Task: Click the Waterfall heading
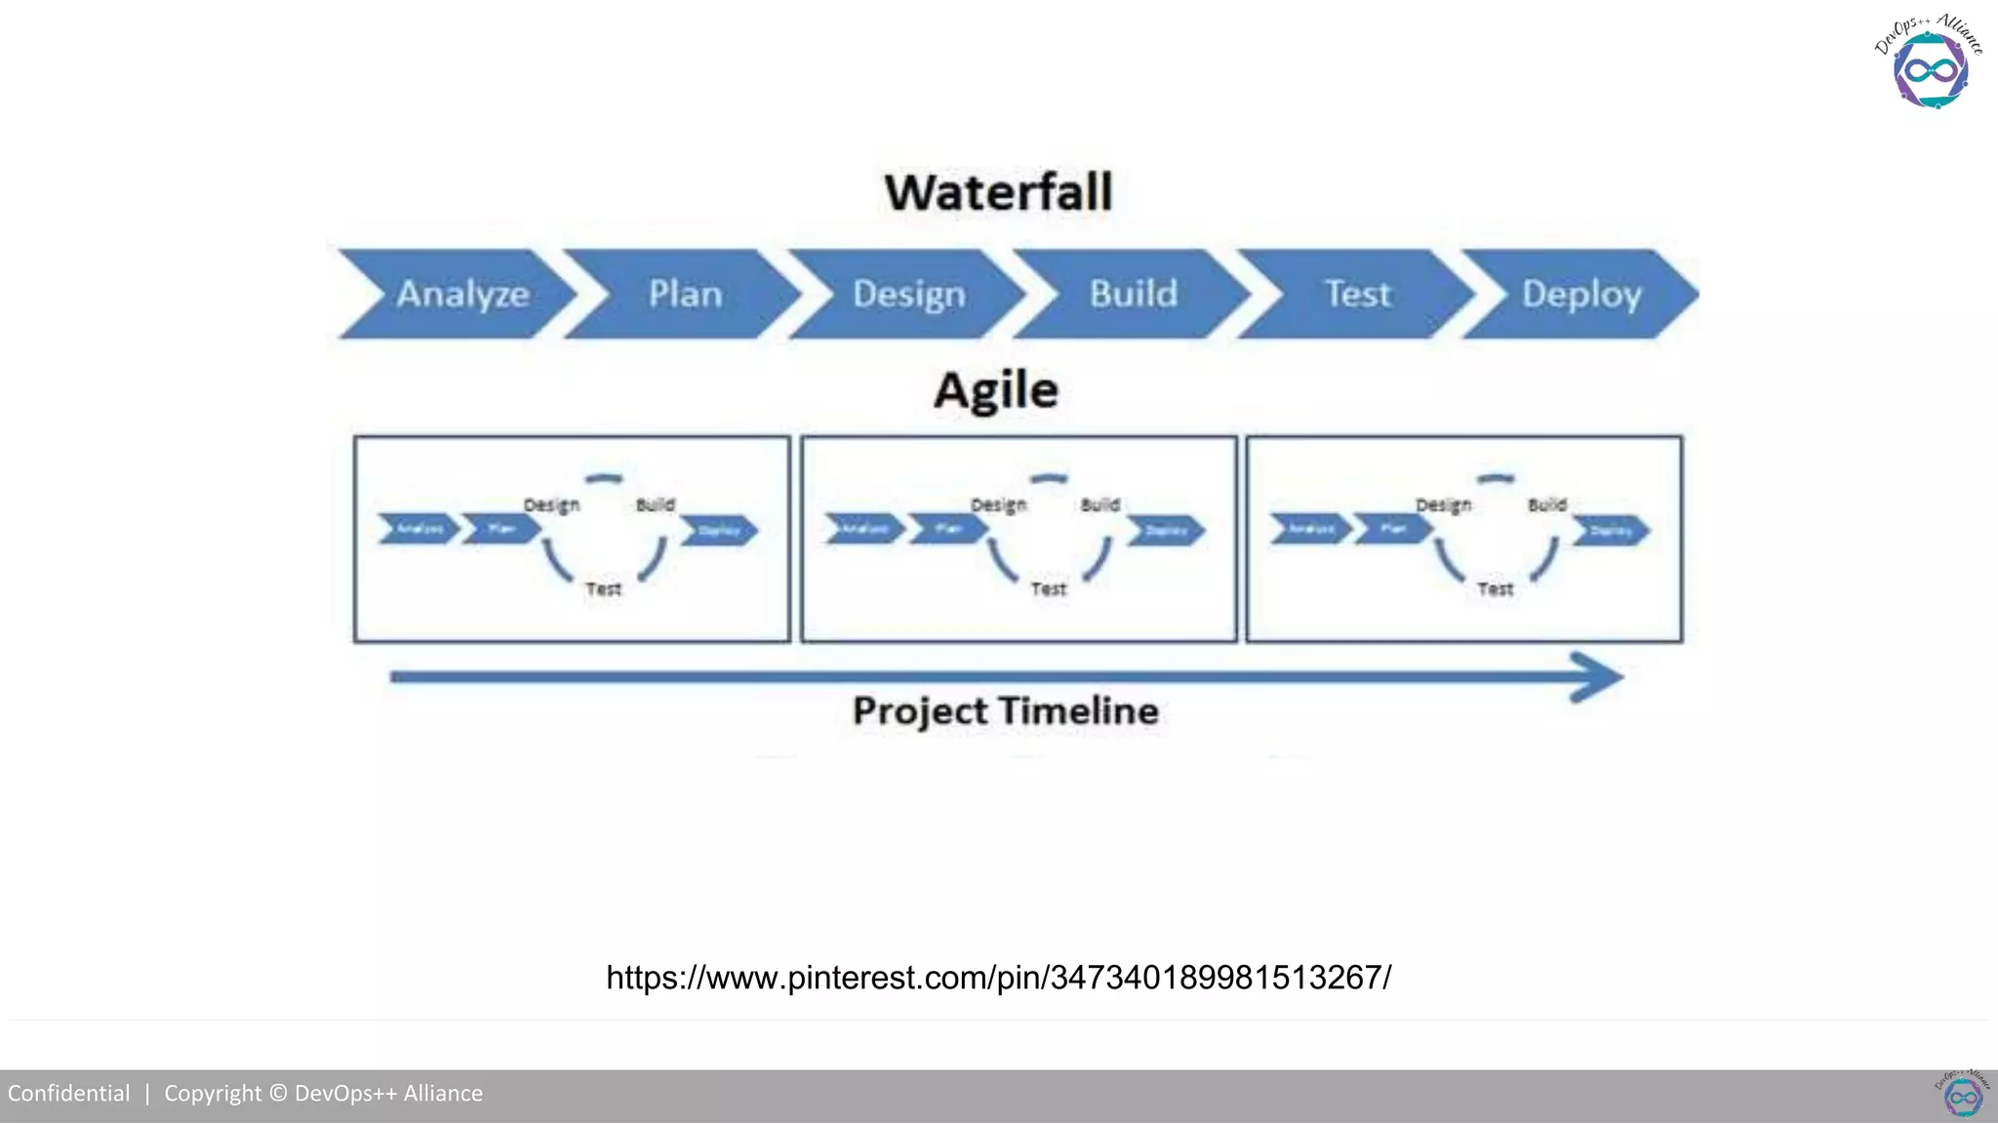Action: (x=998, y=192)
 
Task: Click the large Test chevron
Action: (x=1357, y=294)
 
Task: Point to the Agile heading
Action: (x=996, y=391)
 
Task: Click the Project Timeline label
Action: (x=1006, y=711)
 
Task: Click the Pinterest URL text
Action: (x=998, y=978)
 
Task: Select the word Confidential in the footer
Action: (x=68, y=1094)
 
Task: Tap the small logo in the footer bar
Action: (x=1962, y=1095)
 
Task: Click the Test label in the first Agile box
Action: (x=603, y=589)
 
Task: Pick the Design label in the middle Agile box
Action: (x=998, y=505)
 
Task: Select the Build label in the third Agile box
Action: (x=1546, y=505)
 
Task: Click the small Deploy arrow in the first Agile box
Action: (x=720, y=531)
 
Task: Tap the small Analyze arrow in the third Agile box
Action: (x=1310, y=529)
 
